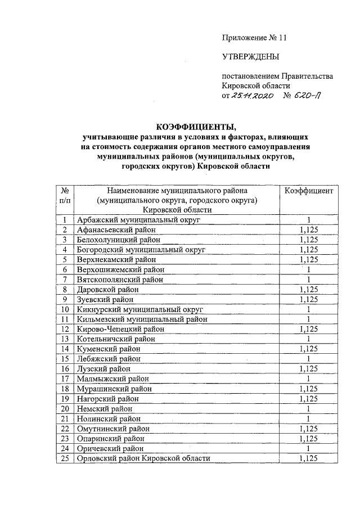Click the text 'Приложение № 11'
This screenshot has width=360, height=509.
click(x=255, y=38)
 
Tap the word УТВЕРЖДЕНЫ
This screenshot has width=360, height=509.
click(x=250, y=57)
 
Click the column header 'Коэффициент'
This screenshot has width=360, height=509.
click(x=309, y=191)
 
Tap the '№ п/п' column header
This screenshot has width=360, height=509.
click(x=65, y=196)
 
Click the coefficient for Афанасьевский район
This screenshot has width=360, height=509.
click(x=309, y=229)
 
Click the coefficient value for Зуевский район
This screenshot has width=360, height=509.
click(x=309, y=299)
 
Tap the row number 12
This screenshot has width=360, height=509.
click(x=65, y=329)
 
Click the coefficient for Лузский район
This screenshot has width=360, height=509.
click(x=309, y=369)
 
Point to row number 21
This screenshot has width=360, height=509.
click(x=65, y=418)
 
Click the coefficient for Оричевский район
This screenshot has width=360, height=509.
click(x=309, y=448)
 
